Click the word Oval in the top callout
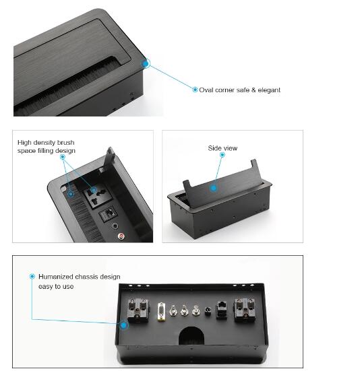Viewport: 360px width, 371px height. (206, 90)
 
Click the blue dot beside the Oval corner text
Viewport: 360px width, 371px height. (195, 90)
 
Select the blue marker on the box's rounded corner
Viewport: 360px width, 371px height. (146, 63)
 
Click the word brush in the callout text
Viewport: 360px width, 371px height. (65, 143)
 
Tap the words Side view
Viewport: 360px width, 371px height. (222, 148)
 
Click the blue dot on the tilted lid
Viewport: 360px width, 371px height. (214, 188)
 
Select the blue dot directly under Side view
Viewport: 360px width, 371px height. (222, 155)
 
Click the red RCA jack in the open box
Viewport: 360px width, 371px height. (121, 236)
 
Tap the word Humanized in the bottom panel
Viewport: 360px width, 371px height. (56, 277)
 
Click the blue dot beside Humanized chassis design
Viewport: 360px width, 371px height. (32, 276)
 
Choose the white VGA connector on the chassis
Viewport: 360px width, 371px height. (161, 312)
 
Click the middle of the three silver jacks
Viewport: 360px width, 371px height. (184, 310)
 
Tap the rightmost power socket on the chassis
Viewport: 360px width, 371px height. (245, 310)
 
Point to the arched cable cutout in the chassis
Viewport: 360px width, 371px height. (191, 336)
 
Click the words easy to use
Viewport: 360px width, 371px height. (56, 287)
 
